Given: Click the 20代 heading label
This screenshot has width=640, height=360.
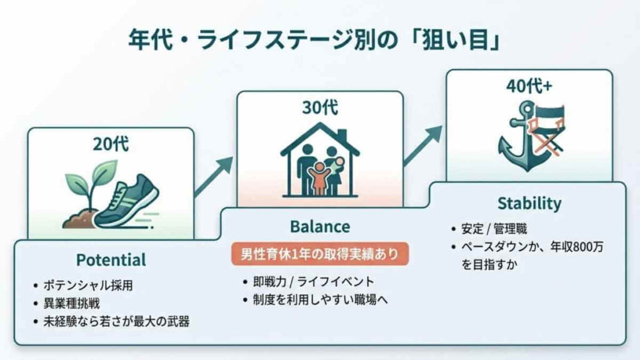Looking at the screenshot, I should [x=111, y=144].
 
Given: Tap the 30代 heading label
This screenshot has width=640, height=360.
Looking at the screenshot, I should [x=319, y=107].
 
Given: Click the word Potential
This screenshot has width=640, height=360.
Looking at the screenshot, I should [x=111, y=259].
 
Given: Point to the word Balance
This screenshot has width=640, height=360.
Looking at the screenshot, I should [x=319, y=226].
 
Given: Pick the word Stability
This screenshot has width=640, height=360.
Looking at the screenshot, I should [x=529, y=203].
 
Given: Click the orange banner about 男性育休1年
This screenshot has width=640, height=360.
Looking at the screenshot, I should [x=319, y=254].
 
